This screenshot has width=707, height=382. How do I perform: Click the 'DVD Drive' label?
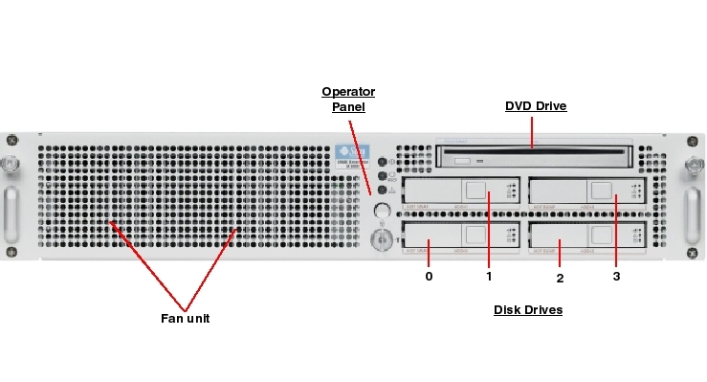536,106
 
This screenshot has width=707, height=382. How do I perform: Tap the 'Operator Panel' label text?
348,99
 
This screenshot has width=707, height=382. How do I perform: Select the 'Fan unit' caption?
185,318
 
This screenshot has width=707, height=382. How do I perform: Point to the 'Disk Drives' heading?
528,310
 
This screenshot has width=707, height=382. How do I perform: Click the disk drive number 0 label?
429,276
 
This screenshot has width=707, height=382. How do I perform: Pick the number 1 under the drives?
489,277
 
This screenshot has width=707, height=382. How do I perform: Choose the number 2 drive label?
560,278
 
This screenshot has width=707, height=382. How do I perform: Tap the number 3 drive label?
615,277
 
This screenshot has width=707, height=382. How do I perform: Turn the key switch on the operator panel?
382,235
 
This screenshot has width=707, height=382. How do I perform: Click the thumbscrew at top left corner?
11,164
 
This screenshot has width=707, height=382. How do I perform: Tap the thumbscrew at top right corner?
693,164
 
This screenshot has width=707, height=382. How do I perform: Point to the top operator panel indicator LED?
383,162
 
